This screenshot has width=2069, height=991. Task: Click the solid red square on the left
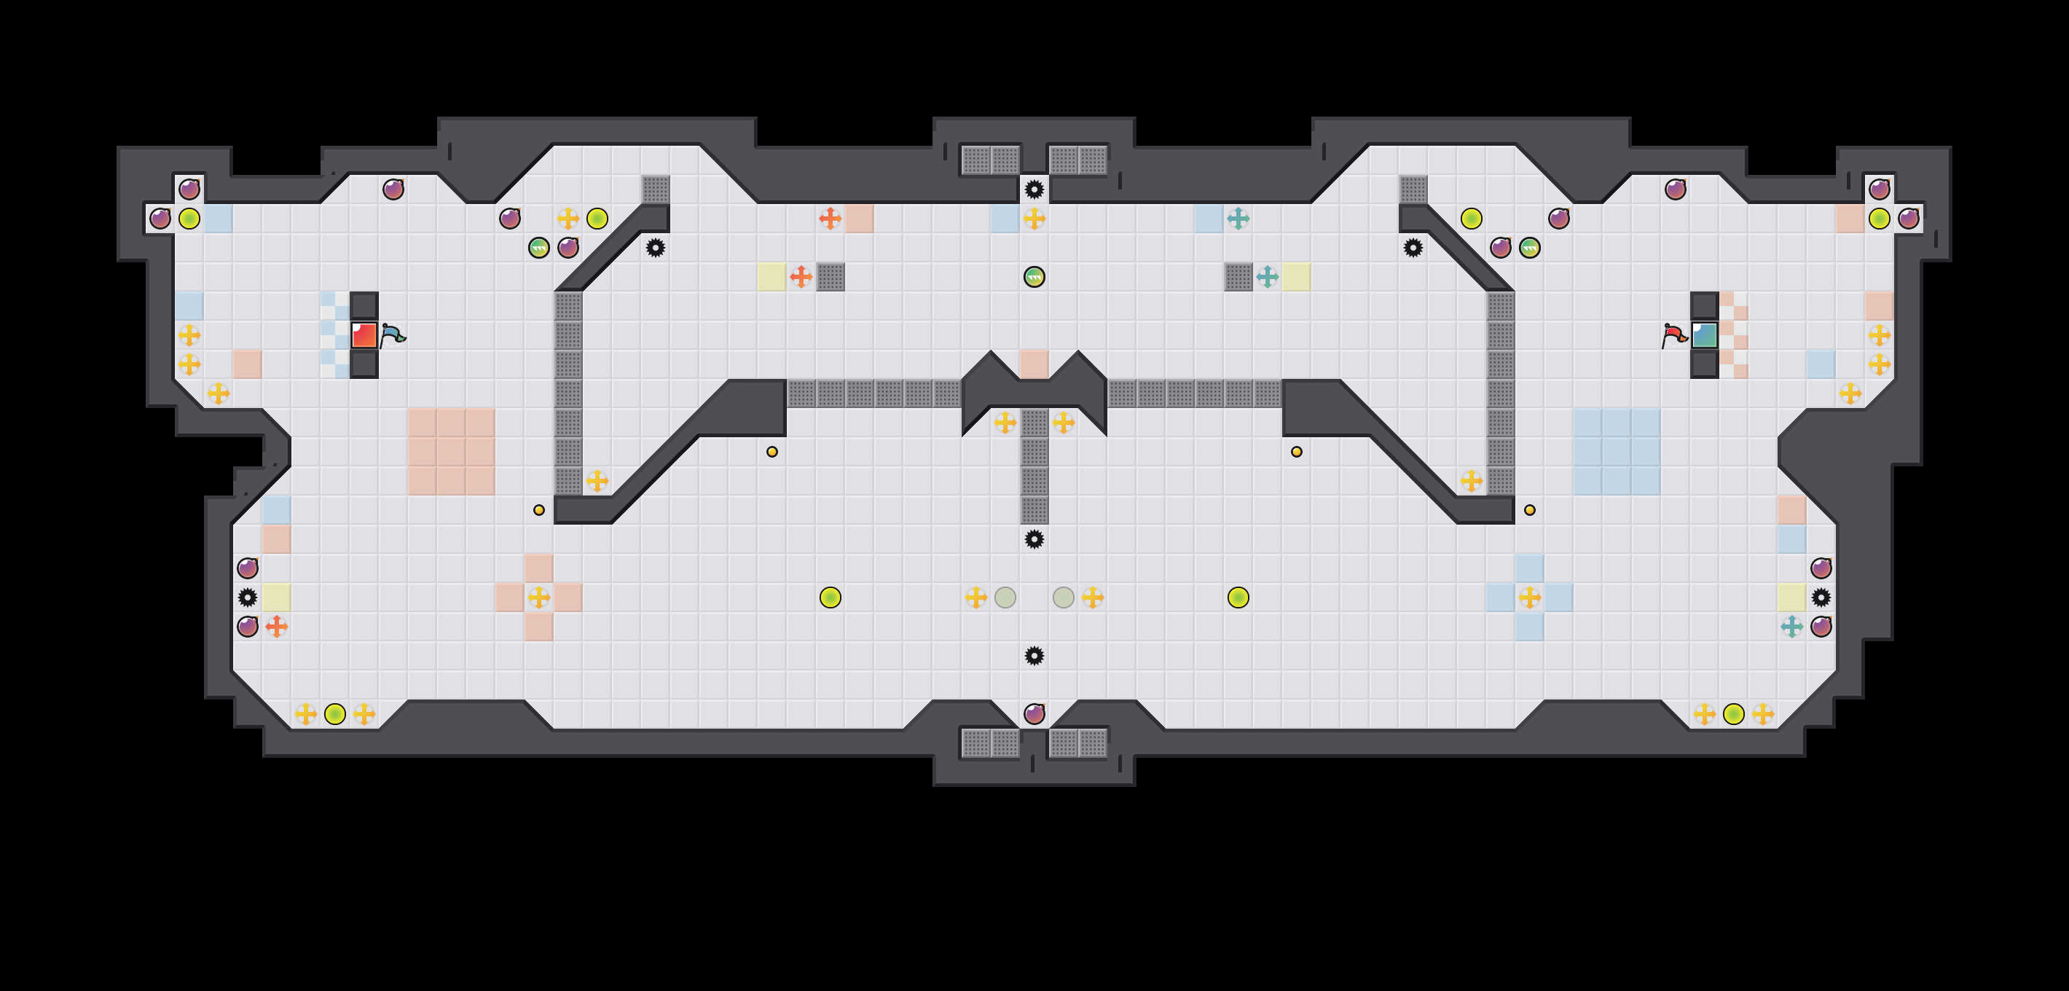click(x=364, y=335)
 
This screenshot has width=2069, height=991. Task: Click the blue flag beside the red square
click(x=392, y=335)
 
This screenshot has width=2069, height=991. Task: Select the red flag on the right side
click(x=1674, y=335)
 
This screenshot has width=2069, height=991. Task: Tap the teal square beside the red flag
click(x=1703, y=335)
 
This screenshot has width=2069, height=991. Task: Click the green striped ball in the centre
click(x=1034, y=277)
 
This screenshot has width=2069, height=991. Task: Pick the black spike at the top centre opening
click(x=1034, y=189)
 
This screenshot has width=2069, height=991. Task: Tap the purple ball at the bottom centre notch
click(x=1034, y=714)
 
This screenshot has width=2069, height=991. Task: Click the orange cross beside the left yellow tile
click(x=801, y=277)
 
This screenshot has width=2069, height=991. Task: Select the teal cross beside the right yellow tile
click(x=1268, y=277)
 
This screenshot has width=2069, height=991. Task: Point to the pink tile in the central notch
click(x=1034, y=364)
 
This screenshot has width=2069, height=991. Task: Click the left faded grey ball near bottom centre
click(x=1005, y=598)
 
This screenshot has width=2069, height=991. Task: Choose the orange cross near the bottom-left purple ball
click(x=276, y=627)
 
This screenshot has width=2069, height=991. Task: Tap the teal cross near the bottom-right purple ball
click(x=1792, y=627)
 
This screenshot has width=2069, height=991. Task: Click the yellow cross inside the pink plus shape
click(x=539, y=598)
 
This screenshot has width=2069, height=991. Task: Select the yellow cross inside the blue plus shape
click(x=1530, y=598)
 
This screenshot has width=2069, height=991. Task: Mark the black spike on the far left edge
click(x=248, y=598)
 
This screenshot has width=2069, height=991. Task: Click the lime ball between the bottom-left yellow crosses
click(x=335, y=714)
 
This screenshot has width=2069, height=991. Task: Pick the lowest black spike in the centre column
click(x=1034, y=655)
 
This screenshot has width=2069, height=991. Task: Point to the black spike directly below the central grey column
click(x=1034, y=539)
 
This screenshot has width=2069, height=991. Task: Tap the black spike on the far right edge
click(x=1821, y=598)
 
